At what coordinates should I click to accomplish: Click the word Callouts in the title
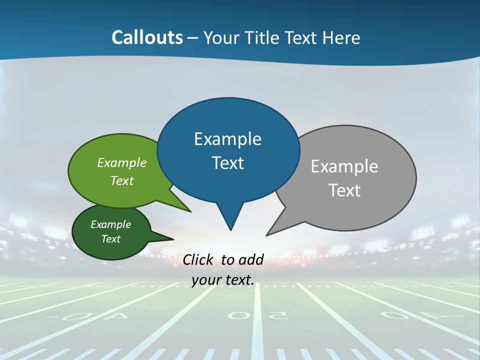(x=147, y=37)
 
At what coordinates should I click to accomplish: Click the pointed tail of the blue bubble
(x=230, y=227)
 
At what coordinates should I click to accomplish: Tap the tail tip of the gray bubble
(x=267, y=234)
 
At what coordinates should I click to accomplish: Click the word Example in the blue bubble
(x=227, y=139)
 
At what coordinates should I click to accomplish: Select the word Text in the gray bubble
(x=345, y=190)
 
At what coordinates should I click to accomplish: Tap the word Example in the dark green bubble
(x=110, y=224)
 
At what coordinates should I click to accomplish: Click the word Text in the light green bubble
(x=122, y=180)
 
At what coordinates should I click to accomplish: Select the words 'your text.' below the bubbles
(x=223, y=280)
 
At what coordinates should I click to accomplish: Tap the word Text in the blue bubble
(x=228, y=163)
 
